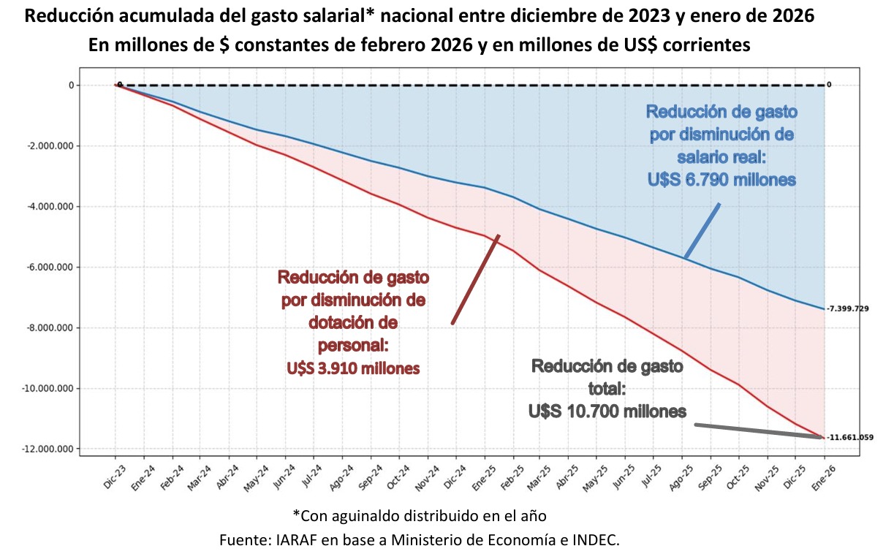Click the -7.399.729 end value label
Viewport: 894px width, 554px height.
[x=848, y=309]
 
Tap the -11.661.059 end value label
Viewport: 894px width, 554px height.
[x=850, y=438]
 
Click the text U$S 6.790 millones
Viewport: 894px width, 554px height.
[x=721, y=179]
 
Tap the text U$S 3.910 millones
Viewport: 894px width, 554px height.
[x=354, y=368]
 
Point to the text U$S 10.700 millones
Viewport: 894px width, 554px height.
[x=607, y=411]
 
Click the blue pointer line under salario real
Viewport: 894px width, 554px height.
[x=702, y=231]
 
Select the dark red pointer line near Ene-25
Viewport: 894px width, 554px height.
[x=476, y=278]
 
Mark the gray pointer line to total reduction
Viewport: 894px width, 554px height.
[x=760, y=430]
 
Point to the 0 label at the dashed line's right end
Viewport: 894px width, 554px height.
[x=829, y=85]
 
